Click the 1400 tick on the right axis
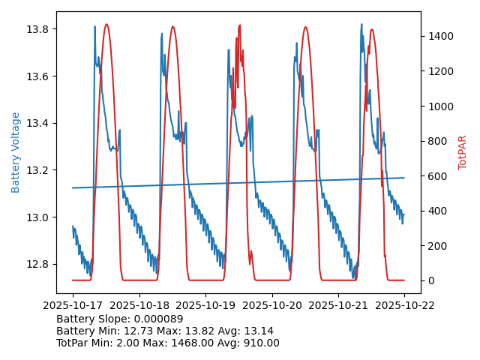coord(442,36)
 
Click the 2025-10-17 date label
coord(73,305)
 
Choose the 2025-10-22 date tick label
coord(404,305)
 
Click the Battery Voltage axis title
coord(16,152)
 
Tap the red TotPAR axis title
coord(463,152)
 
